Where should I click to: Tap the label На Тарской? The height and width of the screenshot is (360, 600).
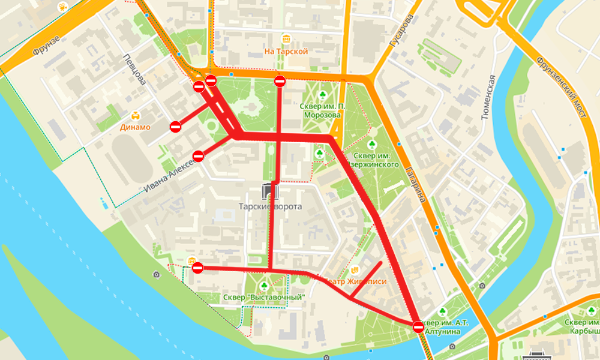(286, 52)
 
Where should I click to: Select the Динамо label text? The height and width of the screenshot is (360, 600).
(134, 127)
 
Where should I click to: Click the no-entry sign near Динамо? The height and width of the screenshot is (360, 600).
(175, 127)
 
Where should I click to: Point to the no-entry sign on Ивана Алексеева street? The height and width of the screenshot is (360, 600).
(199, 156)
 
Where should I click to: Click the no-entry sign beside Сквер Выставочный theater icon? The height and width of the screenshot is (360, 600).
(197, 268)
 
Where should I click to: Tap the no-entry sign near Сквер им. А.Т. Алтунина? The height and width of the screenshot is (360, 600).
(419, 327)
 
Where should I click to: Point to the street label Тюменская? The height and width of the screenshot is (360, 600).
(489, 98)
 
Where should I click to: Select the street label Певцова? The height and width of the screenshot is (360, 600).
(133, 69)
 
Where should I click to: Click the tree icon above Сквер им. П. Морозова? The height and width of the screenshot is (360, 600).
(322, 94)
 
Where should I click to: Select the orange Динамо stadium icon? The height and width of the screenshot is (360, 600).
(136, 115)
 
